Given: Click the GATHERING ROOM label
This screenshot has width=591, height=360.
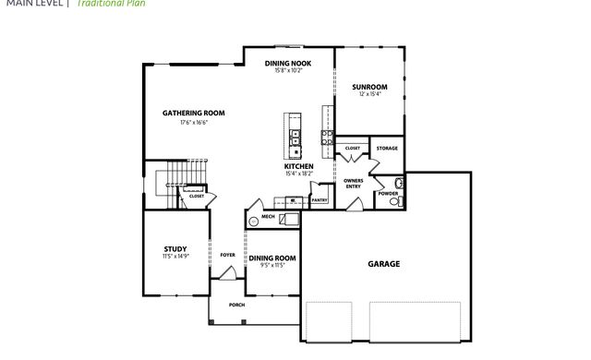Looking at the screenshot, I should pos(194,114).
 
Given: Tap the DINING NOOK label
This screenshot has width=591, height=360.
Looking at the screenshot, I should pos(288,63).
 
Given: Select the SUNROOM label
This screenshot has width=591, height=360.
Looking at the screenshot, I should pos(369,87).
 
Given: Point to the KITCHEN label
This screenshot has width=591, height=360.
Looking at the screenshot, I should pos(298,166).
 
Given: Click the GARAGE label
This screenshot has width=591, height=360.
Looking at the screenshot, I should pos(384,264).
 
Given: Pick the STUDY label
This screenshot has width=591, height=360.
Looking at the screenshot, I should pos(175,248).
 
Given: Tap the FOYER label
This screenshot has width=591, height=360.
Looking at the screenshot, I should pos(228,255).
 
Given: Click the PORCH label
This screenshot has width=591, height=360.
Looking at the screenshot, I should pos(236,305).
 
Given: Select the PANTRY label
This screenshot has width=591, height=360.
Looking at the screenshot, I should pos(320,199).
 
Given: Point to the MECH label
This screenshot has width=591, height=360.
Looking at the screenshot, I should pos(269,217).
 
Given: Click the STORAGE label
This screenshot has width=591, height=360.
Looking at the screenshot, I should pos(387,148).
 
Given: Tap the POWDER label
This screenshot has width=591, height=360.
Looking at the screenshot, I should pos(388,193).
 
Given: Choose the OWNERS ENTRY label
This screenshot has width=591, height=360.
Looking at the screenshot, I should pos(354,183).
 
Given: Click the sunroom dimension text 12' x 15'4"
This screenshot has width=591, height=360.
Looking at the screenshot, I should pos(369,94).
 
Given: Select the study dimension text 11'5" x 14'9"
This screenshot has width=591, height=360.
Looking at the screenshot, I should pos(175,256).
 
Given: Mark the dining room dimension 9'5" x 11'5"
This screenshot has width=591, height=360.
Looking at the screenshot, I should pos(271,265).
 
